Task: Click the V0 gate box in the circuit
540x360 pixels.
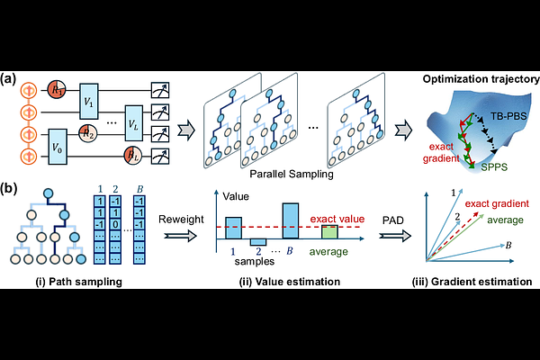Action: pos(58,147)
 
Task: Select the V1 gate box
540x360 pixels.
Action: pos(89,101)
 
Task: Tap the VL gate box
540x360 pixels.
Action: pos(133,123)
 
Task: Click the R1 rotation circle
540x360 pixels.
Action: pos(56,90)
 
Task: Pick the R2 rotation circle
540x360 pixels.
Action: pos(88,133)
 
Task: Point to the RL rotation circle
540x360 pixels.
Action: pos(133,156)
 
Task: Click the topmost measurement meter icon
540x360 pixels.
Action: pos(160,90)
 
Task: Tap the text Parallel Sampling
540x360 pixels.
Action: pos(292,174)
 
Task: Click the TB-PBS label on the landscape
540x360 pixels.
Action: pos(508,116)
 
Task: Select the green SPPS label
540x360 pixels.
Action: pos(494,167)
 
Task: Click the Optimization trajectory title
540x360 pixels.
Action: pos(481,79)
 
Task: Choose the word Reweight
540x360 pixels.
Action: pos(181,220)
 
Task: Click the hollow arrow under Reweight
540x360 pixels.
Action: pos(181,236)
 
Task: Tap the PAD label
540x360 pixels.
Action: pos(393,220)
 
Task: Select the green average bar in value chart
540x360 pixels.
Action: pos(329,231)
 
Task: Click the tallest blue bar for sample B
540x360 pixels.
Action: pos(291,220)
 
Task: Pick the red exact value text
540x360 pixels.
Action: pos(337,219)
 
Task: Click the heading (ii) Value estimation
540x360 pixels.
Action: pos(290,282)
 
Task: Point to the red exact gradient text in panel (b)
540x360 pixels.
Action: pos(497,203)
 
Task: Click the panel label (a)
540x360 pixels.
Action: pos(8,79)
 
